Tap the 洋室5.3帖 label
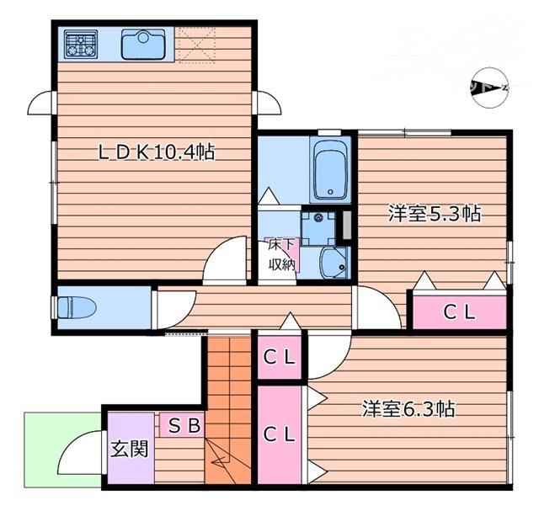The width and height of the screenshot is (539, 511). (x=434, y=214)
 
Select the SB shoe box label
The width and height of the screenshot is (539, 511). (x=184, y=426)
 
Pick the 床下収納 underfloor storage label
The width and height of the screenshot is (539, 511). (x=282, y=255)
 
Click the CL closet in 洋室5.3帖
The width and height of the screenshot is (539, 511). (x=460, y=311)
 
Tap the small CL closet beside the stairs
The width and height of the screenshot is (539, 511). (x=279, y=357)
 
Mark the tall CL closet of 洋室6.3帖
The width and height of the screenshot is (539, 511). (x=279, y=435)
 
